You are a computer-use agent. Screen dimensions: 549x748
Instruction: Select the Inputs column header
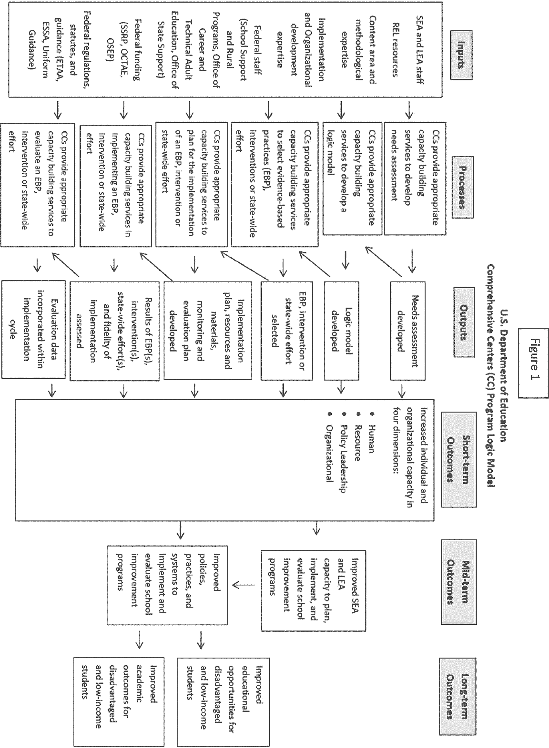[461, 55]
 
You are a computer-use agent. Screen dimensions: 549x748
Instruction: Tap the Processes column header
[462, 187]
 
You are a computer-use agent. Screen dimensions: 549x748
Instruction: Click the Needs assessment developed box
[408, 331]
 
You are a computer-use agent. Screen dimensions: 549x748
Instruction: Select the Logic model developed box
[341, 331]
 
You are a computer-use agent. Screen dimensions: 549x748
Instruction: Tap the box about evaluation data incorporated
[33, 329]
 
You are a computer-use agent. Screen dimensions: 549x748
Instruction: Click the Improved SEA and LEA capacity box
[313, 590]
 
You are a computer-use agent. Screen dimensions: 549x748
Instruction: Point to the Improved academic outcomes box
[119, 702]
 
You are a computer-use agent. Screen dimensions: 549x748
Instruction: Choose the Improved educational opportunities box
[223, 702]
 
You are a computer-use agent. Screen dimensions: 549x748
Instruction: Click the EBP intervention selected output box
[287, 331]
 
